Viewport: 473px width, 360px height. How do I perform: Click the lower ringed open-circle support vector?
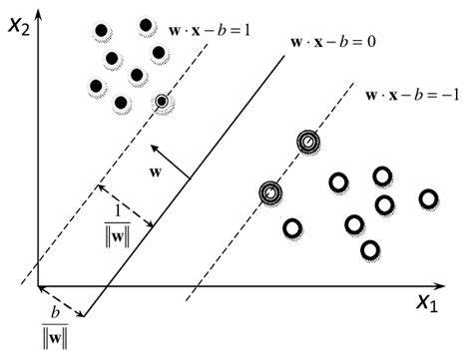(269, 191)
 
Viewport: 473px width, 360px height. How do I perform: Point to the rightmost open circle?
(429, 198)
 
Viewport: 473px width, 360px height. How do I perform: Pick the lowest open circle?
(370, 248)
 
